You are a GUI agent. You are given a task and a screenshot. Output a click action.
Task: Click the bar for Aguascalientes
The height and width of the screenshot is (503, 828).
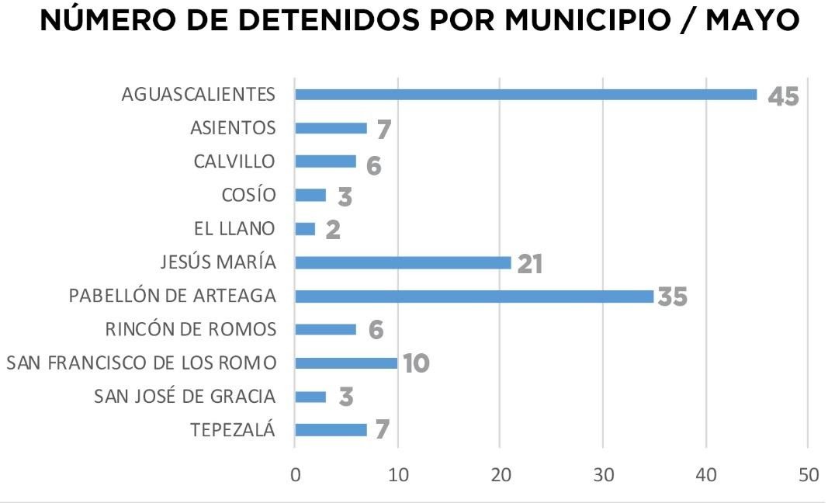click(x=525, y=95)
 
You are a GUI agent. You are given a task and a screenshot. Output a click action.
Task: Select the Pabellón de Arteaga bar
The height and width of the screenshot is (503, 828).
click(x=474, y=296)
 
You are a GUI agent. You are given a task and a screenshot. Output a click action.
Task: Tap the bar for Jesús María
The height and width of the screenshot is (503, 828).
click(x=403, y=262)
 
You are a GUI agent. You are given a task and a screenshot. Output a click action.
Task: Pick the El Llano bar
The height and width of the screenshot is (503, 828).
click(x=305, y=229)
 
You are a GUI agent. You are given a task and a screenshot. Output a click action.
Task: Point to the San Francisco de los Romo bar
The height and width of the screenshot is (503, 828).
click(x=346, y=363)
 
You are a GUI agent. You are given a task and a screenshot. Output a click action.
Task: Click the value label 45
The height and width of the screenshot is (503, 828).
click(x=783, y=96)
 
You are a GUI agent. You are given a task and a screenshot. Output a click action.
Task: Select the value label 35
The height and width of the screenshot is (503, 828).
click(x=673, y=297)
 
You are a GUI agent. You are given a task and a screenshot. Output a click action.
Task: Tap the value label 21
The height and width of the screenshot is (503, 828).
click(x=529, y=264)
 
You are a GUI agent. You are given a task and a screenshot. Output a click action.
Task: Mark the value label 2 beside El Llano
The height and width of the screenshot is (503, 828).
click(x=333, y=231)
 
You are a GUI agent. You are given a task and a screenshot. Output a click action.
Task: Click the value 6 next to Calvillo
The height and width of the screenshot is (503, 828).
click(x=374, y=165)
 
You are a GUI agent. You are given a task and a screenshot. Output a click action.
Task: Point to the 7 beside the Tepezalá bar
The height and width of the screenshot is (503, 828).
click(x=382, y=431)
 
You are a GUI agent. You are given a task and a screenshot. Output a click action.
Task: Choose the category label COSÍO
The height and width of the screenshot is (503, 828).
click(x=248, y=196)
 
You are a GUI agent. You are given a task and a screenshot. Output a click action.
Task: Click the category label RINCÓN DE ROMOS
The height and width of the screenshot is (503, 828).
click(x=190, y=329)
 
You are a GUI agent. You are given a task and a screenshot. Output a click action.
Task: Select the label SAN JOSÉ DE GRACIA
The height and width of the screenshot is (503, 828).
click(x=185, y=397)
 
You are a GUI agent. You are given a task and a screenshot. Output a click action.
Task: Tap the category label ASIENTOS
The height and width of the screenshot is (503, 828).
click(x=233, y=128)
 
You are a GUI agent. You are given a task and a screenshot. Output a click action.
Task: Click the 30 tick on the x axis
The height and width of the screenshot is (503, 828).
click(x=603, y=475)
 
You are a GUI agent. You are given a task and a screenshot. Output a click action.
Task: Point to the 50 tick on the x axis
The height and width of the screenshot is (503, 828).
click(x=808, y=475)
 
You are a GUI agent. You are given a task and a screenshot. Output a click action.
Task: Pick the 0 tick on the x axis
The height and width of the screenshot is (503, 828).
click(x=295, y=475)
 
